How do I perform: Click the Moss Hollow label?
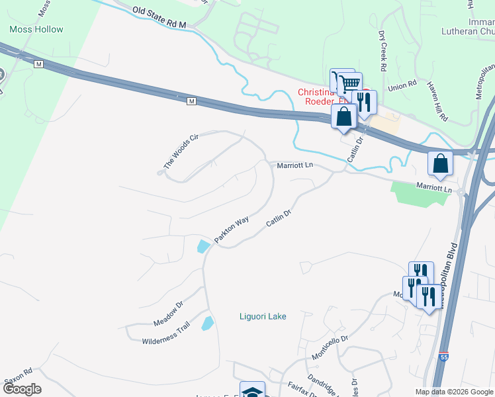pos(37,29)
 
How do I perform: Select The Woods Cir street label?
pos(181,151)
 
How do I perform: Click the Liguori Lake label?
pos(263,316)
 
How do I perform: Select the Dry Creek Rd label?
pos(382,50)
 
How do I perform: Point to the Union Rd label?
pos(401,86)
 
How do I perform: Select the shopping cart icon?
pos(349,83)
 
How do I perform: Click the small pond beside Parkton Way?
pos(204,247)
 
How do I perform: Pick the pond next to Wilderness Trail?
pos(207,324)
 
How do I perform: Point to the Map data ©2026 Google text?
pos(454,392)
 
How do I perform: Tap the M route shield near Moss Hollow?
pos(39,64)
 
